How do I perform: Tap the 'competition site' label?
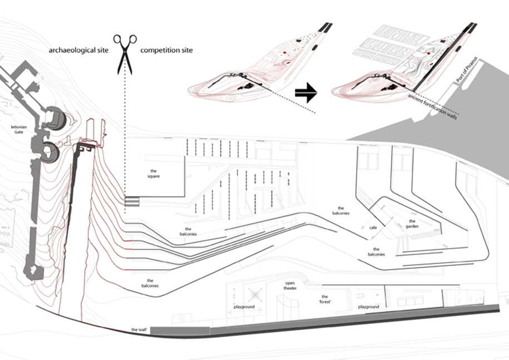click(166, 51)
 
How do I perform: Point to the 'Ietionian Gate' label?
click(19, 130)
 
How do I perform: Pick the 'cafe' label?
click(373, 228)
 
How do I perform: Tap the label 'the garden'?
click(412, 224)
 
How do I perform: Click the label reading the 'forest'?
click(324, 299)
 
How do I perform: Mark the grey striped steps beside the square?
click(132, 200)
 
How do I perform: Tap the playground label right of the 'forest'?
click(368, 307)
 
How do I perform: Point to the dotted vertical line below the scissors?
click(126, 134)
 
